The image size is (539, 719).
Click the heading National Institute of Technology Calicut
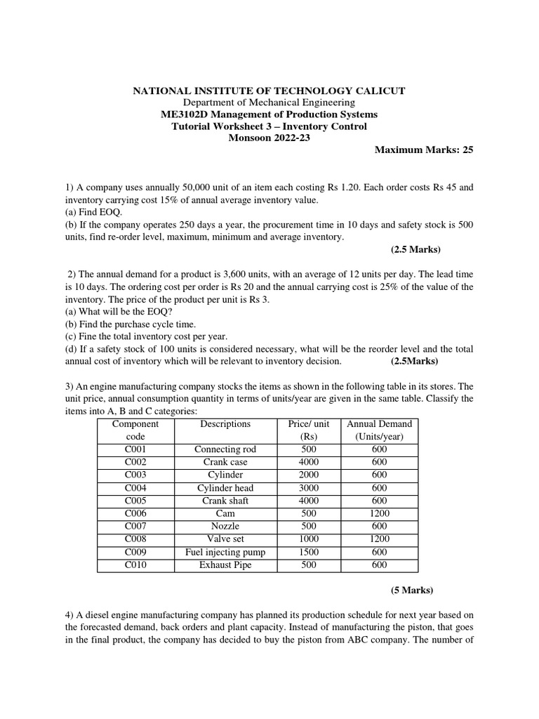269,91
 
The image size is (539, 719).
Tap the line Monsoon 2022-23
269,138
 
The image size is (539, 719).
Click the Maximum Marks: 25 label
424,150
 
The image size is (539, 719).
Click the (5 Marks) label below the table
411,589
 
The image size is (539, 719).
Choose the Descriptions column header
225,424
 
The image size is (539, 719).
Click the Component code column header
135,430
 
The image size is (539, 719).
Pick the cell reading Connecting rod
225,449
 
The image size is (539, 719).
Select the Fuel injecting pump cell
225,552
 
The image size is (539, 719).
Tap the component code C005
135,501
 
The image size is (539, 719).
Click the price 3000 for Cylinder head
308,488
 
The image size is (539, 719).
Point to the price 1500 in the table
308,552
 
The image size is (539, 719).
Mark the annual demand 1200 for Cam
379,513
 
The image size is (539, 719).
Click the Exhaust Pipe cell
225,565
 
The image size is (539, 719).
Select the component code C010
135,565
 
